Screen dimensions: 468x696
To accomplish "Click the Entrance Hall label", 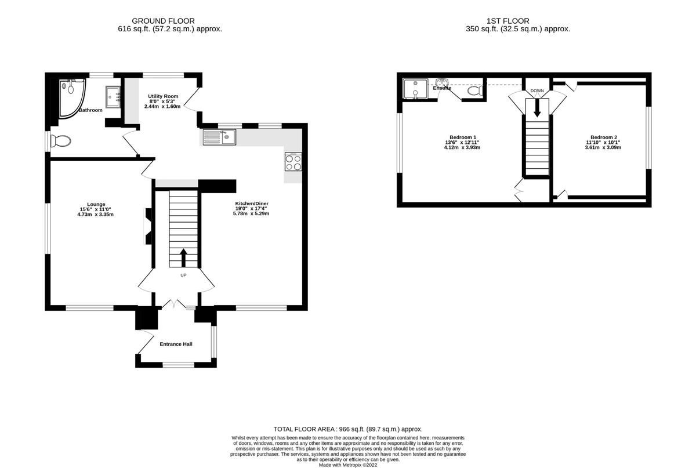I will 176,344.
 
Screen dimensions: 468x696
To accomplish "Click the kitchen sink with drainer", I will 219,137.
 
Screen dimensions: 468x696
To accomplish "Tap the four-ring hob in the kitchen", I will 293,162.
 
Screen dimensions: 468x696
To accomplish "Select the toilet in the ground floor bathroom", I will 60,141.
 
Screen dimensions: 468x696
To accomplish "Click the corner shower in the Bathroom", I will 70,96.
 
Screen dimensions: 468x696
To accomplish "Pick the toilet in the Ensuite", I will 474,91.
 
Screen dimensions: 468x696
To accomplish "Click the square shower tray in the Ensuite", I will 415,89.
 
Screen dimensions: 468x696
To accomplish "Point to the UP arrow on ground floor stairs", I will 184,257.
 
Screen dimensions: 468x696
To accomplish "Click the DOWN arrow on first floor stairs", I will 537,107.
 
